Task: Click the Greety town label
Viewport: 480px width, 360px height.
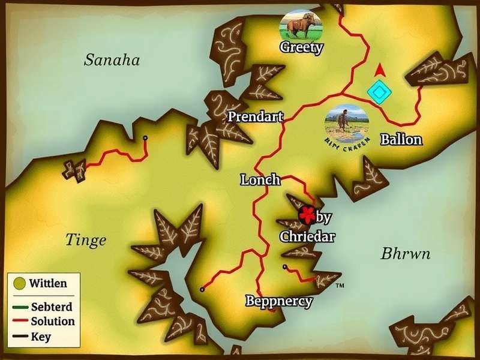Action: tap(302, 47)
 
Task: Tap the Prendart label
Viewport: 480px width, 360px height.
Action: tap(255, 117)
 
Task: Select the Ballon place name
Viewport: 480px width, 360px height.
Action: tap(401, 140)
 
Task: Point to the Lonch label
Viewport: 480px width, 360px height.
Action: tap(260, 179)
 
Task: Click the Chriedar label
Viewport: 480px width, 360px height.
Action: tap(307, 236)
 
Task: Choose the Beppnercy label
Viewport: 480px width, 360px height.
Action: tap(279, 301)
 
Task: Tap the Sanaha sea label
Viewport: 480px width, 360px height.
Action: tap(112, 60)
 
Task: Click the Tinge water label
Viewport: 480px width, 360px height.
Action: tap(85, 241)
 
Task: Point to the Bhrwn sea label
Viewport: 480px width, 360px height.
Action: tap(406, 254)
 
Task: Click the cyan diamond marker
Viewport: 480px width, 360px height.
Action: tap(379, 92)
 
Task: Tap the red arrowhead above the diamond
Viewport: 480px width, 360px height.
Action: tap(379, 70)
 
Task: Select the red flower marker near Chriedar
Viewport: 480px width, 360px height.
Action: tap(307, 214)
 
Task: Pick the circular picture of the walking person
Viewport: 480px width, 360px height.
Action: tap(346, 123)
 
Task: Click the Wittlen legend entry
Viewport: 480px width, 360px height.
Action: tap(49, 283)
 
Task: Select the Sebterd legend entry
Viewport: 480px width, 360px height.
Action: tap(51, 307)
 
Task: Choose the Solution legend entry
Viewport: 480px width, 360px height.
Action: tap(53, 322)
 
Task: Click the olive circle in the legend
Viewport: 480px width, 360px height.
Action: tap(20, 283)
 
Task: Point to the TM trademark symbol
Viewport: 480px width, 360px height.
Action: tap(340, 286)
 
